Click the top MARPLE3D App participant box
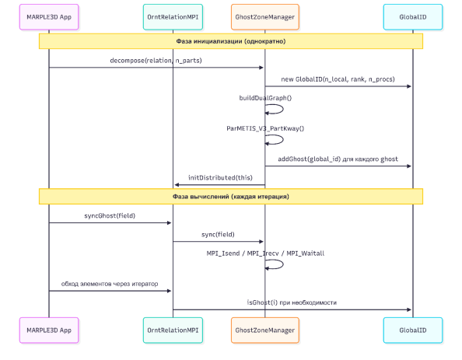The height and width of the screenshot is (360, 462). [x=49, y=17]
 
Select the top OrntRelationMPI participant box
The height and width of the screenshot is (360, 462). [x=173, y=17]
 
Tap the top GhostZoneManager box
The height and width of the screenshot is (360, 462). [x=265, y=17]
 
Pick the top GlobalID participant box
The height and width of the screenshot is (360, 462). [x=413, y=17]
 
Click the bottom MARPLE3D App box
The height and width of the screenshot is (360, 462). [x=49, y=330]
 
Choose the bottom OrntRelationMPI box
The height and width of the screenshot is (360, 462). [x=173, y=330]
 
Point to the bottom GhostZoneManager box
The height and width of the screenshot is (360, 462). [x=265, y=330]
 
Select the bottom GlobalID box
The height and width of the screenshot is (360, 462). [x=413, y=330]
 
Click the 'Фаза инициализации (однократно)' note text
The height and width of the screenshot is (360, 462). [x=231, y=41]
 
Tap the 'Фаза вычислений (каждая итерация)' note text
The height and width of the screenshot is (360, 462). [x=231, y=197]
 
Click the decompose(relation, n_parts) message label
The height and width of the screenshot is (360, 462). [x=156, y=61]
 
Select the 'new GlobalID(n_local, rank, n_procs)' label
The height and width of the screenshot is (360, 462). [x=338, y=79]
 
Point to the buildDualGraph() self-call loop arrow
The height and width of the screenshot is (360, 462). [x=283, y=109]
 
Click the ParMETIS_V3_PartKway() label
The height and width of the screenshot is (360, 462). [x=265, y=128]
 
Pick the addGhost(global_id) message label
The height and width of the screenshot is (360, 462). [x=338, y=159]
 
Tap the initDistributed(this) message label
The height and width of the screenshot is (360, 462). [x=220, y=177]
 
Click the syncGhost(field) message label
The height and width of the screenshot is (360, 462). [x=110, y=215]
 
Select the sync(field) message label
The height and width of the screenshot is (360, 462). [x=218, y=235]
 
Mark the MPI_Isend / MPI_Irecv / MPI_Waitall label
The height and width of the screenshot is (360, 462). [x=265, y=253]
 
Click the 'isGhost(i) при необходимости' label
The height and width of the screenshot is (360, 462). [x=292, y=302]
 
